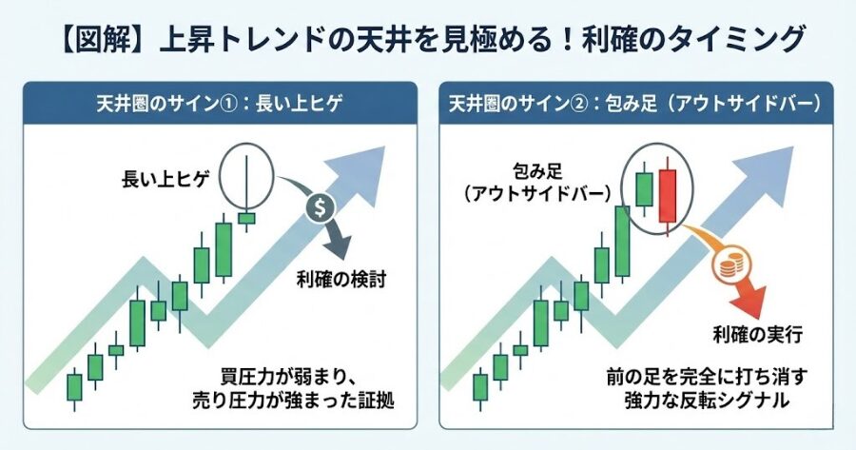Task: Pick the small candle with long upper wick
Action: coord(246,217)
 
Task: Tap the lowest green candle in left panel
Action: coord(74,387)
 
